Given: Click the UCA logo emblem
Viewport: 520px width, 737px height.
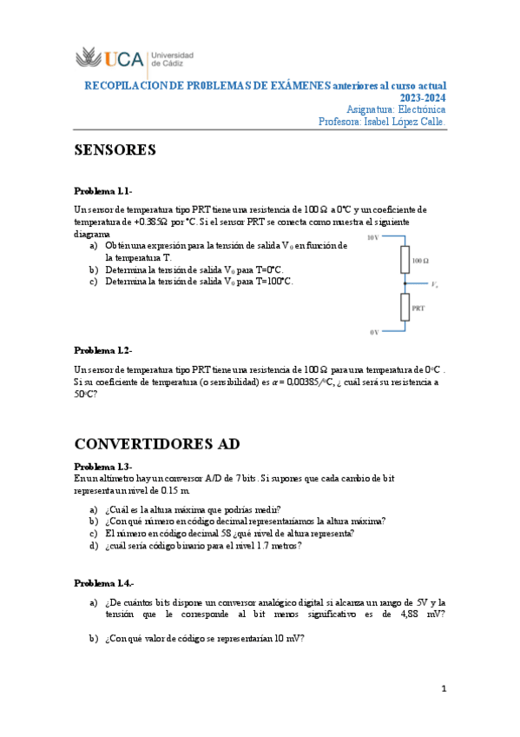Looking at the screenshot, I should pos(89,59).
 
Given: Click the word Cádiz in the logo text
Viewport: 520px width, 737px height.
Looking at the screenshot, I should pos(166,63).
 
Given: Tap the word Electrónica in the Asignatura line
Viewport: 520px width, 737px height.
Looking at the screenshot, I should pos(420,110).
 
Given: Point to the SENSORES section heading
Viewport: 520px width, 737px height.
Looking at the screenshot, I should pos(115,150).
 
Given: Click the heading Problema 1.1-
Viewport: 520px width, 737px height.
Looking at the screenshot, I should pos(102,190).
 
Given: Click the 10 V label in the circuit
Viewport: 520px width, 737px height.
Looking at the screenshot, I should pos(373,236).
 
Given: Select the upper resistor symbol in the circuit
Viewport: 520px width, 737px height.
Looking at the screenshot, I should pos(405,259).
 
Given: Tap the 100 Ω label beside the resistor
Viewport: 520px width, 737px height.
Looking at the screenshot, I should pos(421,260).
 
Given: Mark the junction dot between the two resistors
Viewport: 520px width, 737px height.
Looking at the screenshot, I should pos(405,283).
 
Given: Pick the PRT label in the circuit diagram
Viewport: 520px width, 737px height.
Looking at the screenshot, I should pos(418,308).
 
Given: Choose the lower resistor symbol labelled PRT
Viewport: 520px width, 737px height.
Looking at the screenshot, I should pos(405,307).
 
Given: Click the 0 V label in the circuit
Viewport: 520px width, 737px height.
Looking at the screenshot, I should pos(374,331).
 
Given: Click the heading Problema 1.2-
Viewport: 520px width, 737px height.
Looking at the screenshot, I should pos(102,349).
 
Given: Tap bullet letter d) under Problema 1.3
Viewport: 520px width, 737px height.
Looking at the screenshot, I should pos(93,546).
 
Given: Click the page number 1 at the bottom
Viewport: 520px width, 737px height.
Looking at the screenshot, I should pos(444,689).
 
